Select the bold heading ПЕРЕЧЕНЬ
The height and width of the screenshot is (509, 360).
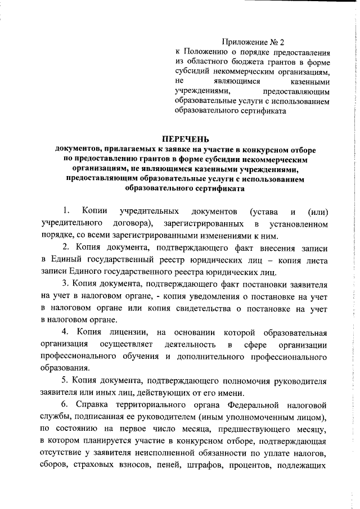point(185,138)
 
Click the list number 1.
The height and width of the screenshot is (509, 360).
point(66,211)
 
